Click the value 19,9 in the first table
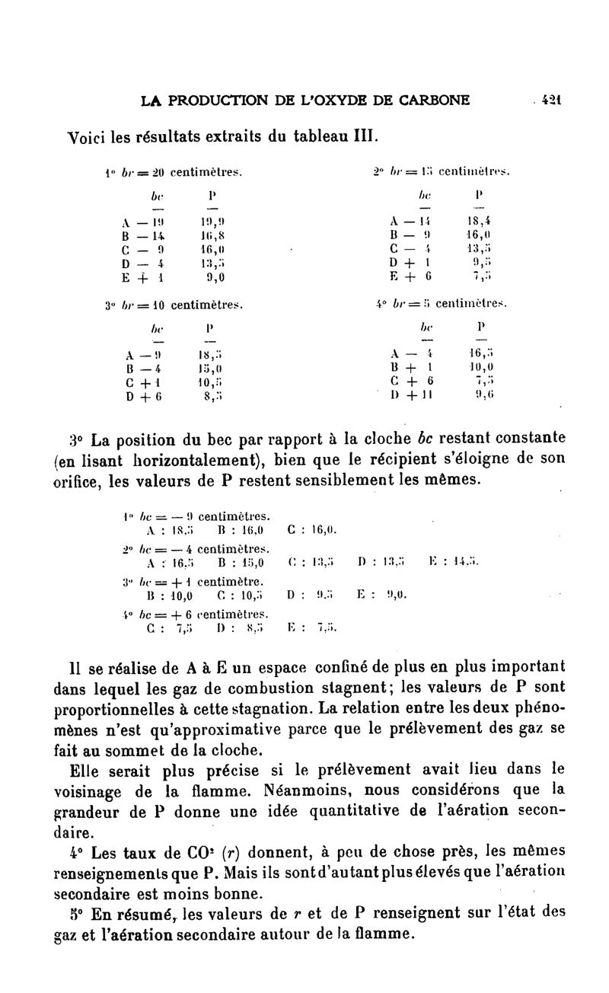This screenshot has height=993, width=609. [210, 222]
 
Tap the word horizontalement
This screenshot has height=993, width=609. [169, 459]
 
